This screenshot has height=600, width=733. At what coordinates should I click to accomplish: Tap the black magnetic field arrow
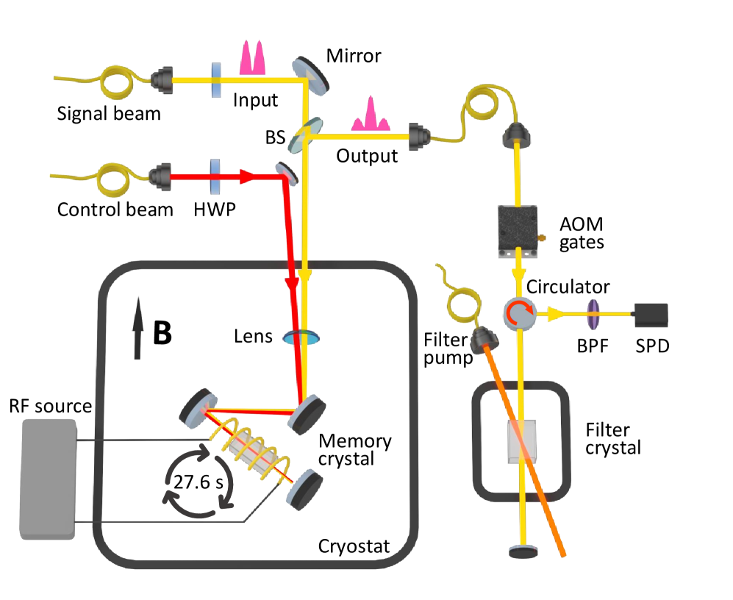[x=138, y=334]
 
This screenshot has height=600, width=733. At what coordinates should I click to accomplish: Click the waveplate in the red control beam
[x=216, y=176]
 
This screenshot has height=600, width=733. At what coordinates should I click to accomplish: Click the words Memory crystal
[x=355, y=450]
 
